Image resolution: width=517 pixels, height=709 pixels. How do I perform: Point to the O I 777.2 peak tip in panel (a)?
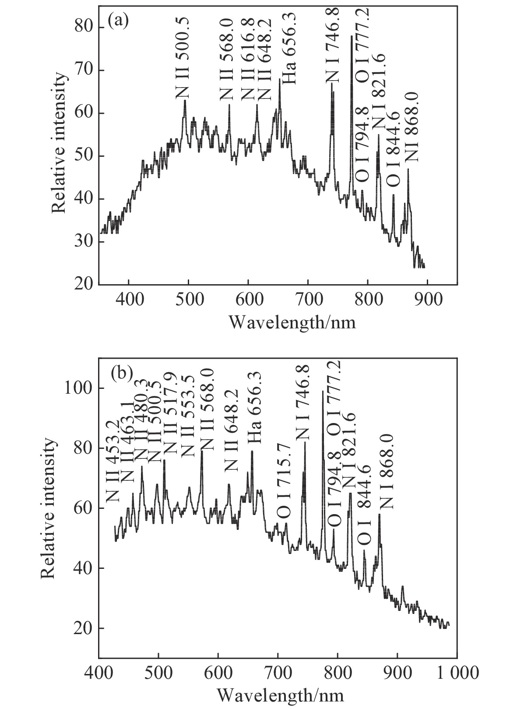(352, 36)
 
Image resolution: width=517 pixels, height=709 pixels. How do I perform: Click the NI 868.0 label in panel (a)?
(412, 127)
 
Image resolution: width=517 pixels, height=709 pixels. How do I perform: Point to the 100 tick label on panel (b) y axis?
(79, 388)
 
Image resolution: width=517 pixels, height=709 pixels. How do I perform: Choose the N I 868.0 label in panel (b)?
(387, 471)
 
